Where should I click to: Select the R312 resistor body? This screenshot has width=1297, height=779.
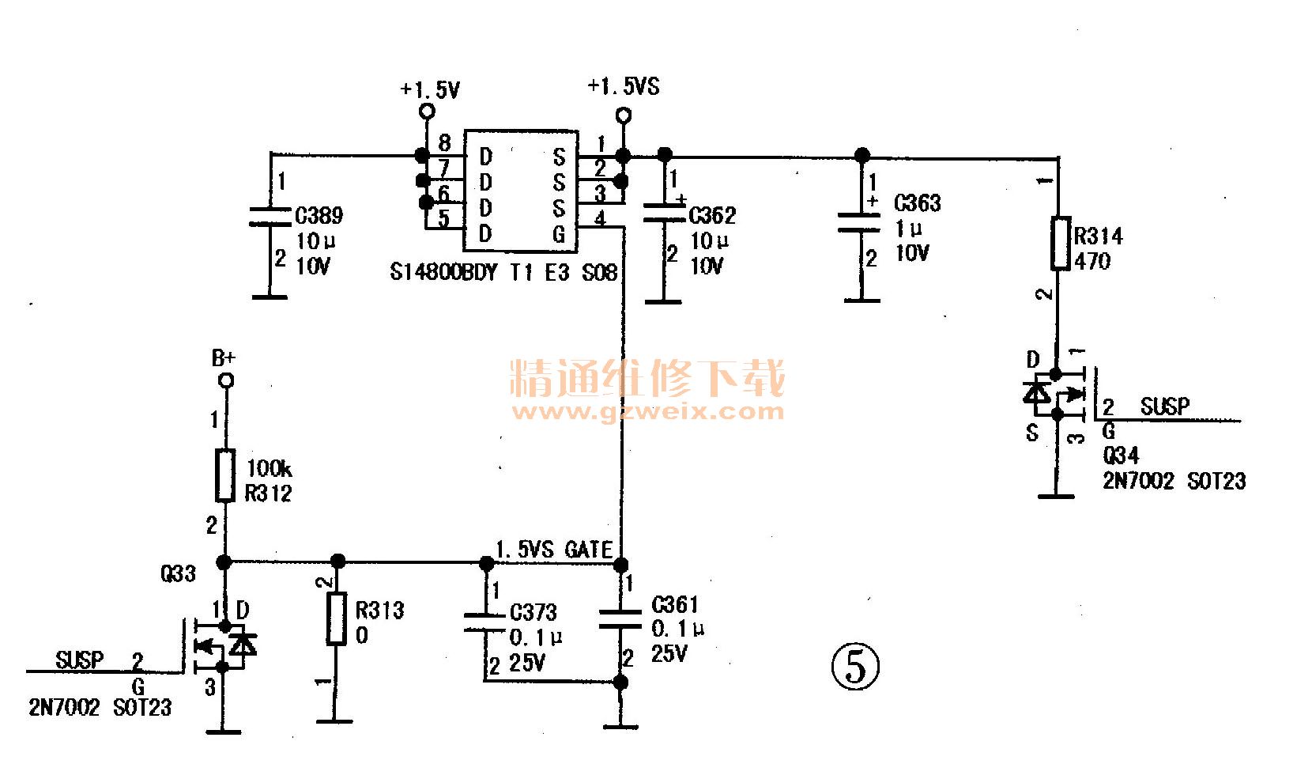(x=225, y=475)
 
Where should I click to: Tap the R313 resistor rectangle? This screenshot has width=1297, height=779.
(x=337, y=618)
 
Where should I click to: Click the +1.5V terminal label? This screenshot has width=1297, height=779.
(x=430, y=90)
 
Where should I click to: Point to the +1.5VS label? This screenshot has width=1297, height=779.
(x=624, y=86)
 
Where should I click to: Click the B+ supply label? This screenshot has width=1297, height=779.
(x=224, y=358)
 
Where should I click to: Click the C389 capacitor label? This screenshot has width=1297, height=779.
(x=319, y=216)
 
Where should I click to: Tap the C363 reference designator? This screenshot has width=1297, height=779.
(x=917, y=203)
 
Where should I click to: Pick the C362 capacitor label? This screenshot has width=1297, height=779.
(x=712, y=215)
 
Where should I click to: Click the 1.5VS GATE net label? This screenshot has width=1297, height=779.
(x=553, y=550)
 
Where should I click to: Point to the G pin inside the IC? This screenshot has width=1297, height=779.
(x=559, y=234)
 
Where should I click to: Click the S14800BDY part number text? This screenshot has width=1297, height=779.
(x=443, y=273)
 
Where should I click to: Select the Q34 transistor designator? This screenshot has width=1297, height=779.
(x=1121, y=456)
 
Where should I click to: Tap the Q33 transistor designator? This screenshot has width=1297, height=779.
(x=178, y=573)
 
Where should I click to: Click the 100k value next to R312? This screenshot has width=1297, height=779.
(x=269, y=468)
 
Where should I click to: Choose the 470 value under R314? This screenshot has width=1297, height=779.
(x=1092, y=261)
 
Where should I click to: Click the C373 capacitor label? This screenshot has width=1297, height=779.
(x=533, y=612)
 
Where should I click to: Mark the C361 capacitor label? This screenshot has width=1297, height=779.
(x=674, y=605)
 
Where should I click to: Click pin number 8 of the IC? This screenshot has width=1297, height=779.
(x=445, y=143)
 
